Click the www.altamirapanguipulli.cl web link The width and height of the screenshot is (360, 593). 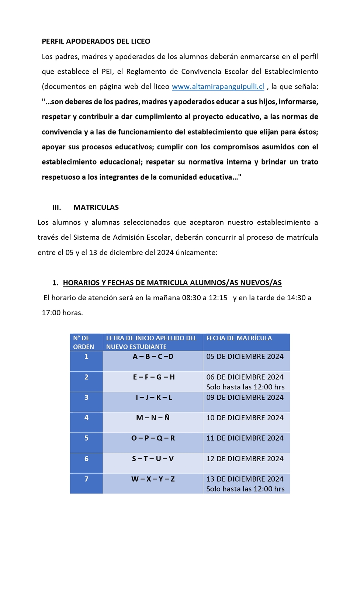click(218, 87)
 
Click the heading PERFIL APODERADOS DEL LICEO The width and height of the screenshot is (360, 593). click(96, 41)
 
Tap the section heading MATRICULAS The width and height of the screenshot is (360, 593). click(96, 207)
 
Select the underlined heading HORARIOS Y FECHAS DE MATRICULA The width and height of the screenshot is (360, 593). click(172, 283)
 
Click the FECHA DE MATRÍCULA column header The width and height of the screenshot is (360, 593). click(239, 338)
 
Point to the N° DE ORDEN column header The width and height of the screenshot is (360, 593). click(83, 342)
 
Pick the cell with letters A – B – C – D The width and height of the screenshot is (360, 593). click(153, 357)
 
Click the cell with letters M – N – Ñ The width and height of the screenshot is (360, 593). click(153, 418)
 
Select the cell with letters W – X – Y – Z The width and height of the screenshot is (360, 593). click(153, 479)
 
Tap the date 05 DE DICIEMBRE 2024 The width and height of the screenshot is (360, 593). click(245, 357)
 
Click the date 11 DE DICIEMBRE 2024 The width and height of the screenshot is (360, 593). click(245, 438)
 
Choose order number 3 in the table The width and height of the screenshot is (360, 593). click(86, 398)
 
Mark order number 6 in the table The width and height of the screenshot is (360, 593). click(86, 459)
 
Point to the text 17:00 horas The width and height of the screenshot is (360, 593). click(62, 313)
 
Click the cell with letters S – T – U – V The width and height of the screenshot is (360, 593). click(153, 459)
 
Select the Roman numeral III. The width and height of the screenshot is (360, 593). click(56, 207)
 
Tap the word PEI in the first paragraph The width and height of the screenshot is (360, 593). click(107, 72)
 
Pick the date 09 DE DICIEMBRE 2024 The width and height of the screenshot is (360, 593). click(245, 398)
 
